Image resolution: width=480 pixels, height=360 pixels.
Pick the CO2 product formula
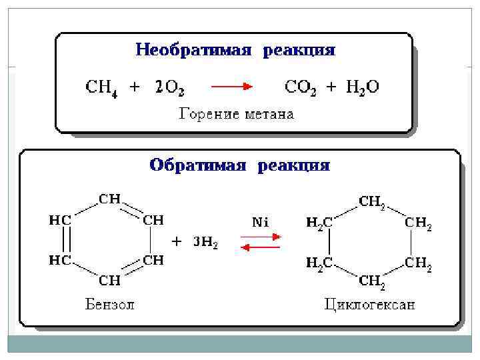[x=301, y=87]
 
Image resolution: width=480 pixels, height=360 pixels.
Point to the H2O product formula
[x=363, y=87]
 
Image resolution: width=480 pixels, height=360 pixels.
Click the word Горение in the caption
[x=205, y=114]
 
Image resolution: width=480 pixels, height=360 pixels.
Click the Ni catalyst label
[x=260, y=223]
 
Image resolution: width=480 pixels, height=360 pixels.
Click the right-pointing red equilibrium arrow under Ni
[x=260, y=235]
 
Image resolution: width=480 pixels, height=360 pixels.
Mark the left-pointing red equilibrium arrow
[x=260, y=248]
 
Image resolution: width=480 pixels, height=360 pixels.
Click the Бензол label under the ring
[x=110, y=305]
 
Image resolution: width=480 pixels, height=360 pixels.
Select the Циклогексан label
[x=370, y=305]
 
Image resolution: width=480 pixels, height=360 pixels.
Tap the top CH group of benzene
[x=110, y=199]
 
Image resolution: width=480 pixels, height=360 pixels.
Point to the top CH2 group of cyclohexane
[x=372, y=201]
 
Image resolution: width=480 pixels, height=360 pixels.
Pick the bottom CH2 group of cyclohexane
[x=372, y=282]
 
